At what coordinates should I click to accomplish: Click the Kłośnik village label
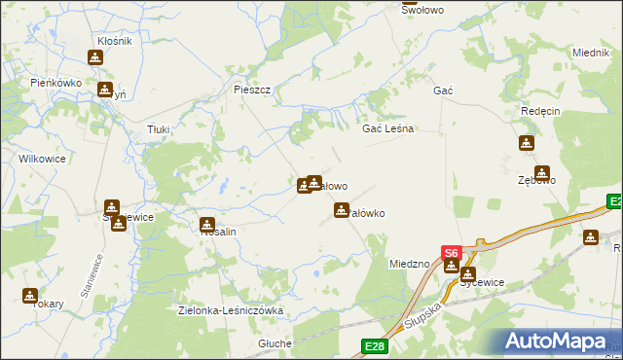click(115, 41)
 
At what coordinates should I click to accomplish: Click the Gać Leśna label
click(388, 128)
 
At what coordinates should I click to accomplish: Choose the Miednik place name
click(591, 53)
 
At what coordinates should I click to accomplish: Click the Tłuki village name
click(158, 128)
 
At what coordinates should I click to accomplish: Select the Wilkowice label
click(42, 157)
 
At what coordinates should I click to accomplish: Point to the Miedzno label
click(409, 264)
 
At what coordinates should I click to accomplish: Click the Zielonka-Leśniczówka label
click(231, 311)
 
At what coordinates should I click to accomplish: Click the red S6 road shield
click(451, 252)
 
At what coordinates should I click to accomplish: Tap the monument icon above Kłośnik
click(94, 56)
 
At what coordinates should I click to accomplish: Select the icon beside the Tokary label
click(30, 295)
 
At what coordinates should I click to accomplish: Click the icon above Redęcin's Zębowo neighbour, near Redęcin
click(527, 143)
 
